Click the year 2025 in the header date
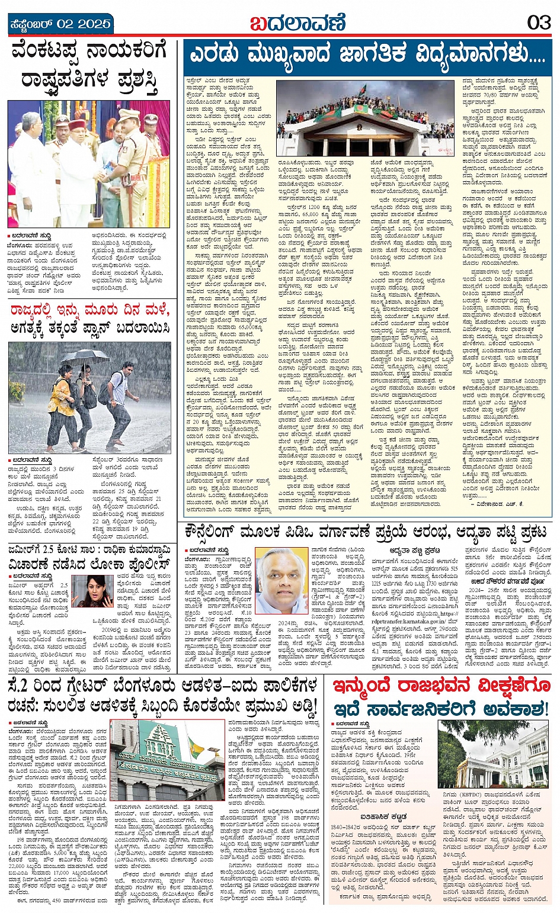tap(94, 24)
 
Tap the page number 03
tap(538, 23)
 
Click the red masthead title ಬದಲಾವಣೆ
tap(297, 23)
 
